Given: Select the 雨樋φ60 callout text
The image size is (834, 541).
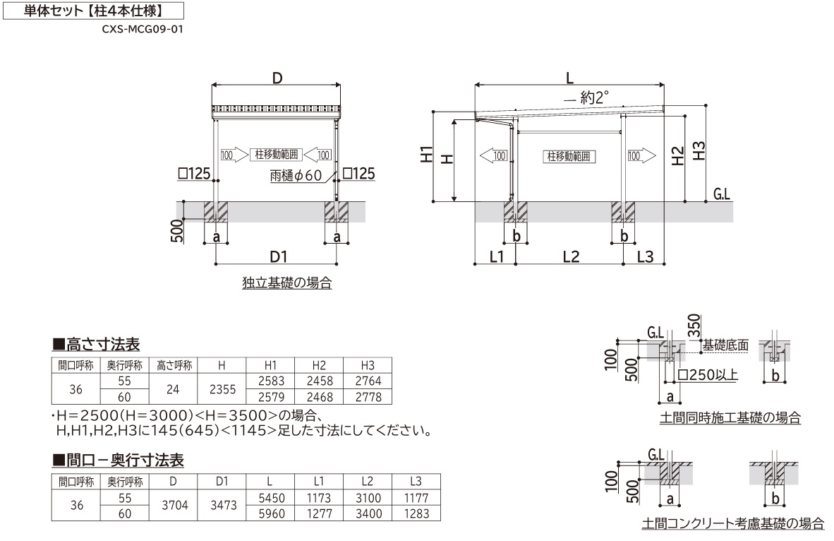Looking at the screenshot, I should pyautogui.click(x=296, y=175).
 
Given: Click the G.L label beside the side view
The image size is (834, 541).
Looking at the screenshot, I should pyautogui.click(x=722, y=194).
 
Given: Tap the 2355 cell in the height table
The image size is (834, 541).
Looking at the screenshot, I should pyautogui.click(x=222, y=389).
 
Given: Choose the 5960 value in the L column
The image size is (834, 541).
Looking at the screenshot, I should pyautogui.click(x=272, y=514).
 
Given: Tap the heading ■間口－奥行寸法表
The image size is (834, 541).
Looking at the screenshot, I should pyautogui.click(x=119, y=461).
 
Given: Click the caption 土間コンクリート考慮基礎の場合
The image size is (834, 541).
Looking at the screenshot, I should pyautogui.click(x=732, y=523).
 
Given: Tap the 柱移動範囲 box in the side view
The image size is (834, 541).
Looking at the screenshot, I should pyautogui.click(x=569, y=156).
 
